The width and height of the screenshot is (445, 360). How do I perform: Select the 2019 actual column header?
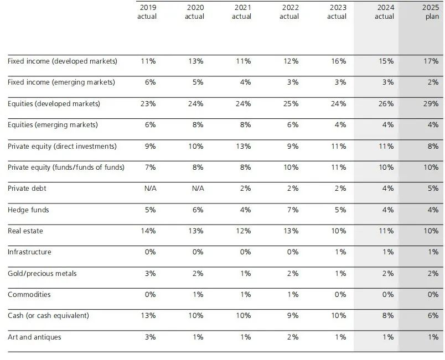147,12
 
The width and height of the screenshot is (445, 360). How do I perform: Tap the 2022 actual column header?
289,12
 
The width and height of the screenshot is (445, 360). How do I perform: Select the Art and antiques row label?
34,337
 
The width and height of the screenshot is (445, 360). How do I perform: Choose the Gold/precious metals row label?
42,273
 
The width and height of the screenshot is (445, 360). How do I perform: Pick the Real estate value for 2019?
148,231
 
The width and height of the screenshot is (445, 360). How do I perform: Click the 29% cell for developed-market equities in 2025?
431,103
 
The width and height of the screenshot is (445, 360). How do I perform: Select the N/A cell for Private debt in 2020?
197,188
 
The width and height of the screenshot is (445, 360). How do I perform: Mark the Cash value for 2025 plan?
433,315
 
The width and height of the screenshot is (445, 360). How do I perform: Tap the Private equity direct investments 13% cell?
243,146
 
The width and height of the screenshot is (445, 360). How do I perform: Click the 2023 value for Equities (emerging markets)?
340,124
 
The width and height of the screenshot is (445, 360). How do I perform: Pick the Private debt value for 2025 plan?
433,188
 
